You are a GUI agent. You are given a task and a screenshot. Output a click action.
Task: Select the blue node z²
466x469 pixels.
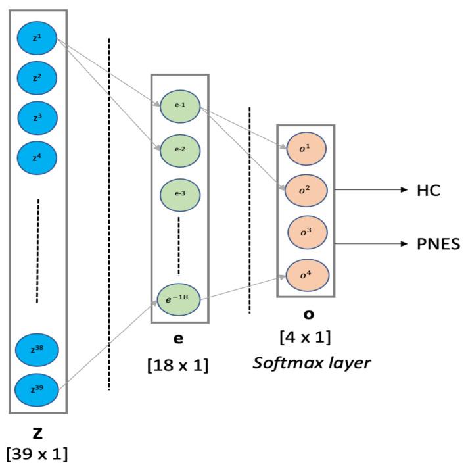(37, 78)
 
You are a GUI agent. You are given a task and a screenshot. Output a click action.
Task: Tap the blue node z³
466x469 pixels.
(37, 118)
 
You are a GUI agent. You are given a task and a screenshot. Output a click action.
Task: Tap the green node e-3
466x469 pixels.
(180, 195)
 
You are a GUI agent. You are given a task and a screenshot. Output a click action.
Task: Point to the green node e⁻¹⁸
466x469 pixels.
(180, 299)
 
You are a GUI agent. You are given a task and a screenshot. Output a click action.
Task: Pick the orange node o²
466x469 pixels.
(306, 189)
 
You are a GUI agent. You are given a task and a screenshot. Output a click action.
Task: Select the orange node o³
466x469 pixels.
(306, 232)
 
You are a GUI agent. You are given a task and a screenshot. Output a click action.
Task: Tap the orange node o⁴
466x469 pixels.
(306, 275)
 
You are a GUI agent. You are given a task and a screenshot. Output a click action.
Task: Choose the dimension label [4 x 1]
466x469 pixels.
(305, 337)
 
